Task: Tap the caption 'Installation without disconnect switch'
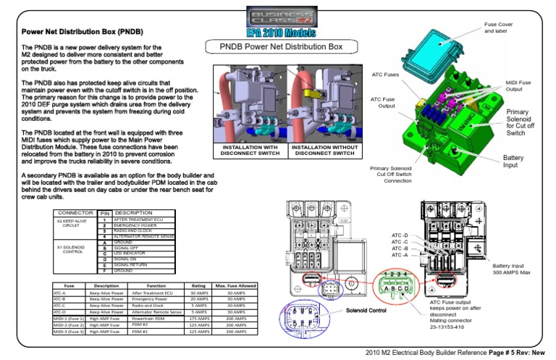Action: pyautogui.click(x=323, y=151)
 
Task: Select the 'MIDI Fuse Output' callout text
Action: pyautogui.click(x=518, y=85)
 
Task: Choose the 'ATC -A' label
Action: pyautogui.click(x=400, y=255)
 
